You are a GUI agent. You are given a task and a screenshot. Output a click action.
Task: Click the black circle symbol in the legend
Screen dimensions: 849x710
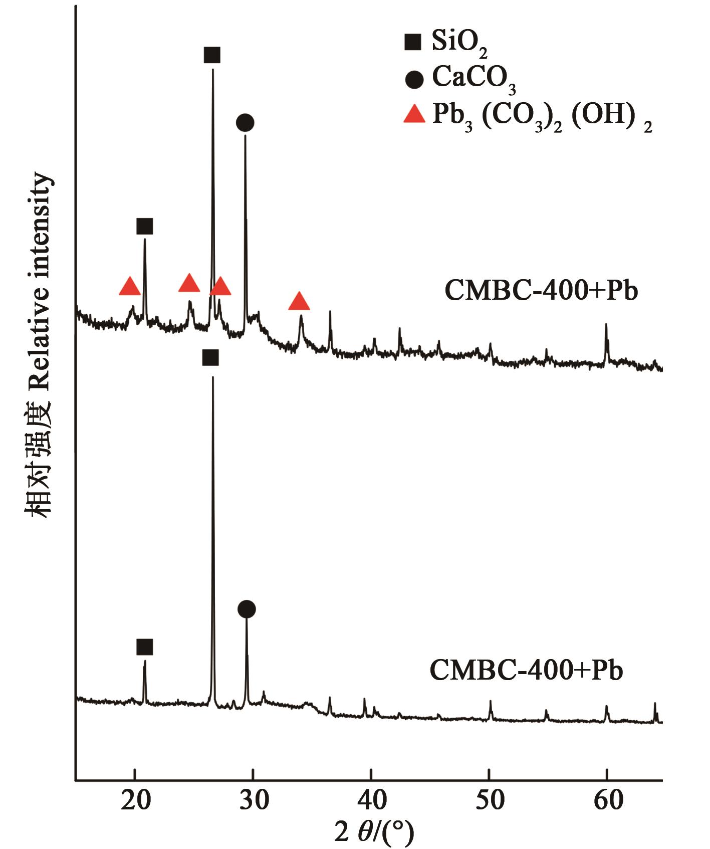pyautogui.click(x=413, y=79)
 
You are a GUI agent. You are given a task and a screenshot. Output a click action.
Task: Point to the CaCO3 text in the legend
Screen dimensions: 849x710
pyautogui.click(x=474, y=80)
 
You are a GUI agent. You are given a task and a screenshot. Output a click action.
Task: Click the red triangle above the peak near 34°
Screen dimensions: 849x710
pyautogui.click(x=299, y=301)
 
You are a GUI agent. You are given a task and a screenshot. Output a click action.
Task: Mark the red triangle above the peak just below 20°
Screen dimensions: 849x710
pyautogui.click(x=130, y=286)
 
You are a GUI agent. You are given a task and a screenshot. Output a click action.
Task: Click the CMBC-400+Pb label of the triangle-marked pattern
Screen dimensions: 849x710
pyautogui.click(x=541, y=291)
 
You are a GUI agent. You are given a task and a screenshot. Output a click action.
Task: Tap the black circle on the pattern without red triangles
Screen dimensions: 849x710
pyautogui.click(x=247, y=609)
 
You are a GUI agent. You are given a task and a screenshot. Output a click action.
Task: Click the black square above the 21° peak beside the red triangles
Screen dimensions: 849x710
pyautogui.click(x=145, y=227)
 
